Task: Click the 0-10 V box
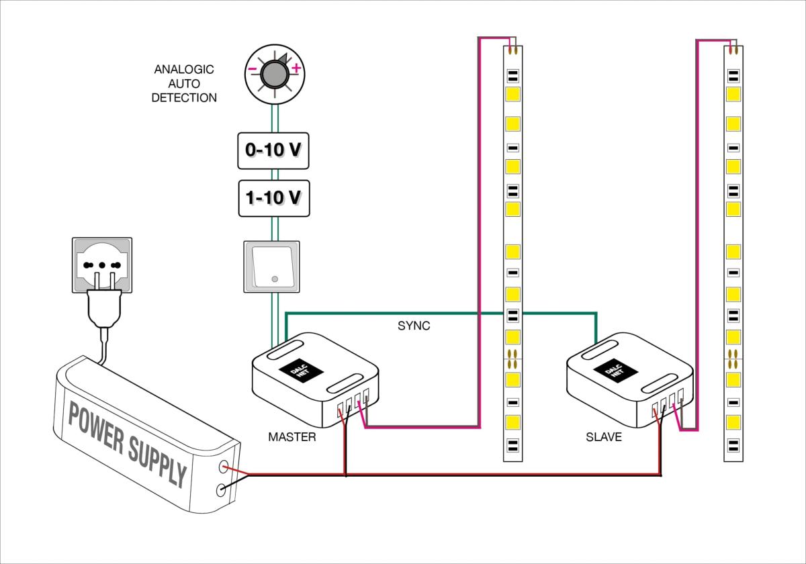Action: (274, 150)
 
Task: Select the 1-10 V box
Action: (274, 198)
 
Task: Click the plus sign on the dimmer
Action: (296, 68)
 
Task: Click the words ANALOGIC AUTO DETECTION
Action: (184, 83)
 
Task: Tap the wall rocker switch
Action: (272, 267)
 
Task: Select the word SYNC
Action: (414, 326)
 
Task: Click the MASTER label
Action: (292, 437)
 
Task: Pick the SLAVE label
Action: (603, 437)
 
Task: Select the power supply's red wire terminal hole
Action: (222, 466)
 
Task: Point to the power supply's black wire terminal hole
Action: (220, 491)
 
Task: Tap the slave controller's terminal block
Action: (668, 402)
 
